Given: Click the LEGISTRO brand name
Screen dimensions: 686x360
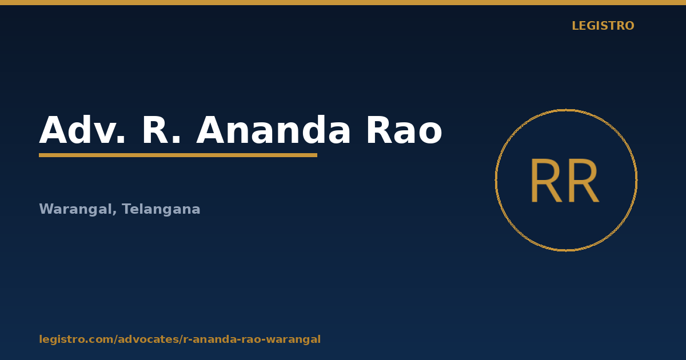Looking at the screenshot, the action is click(x=603, y=26).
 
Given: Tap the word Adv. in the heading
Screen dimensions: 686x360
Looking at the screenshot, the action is click(x=82, y=130).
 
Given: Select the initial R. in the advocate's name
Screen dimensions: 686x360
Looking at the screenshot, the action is click(x=161, y=130).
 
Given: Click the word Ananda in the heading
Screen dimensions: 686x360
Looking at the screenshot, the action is click(x=273, y=130).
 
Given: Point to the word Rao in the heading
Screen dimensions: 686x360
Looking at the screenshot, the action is click(x=404, y=130).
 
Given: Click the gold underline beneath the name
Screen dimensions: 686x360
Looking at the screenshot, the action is click(x=178, y=155).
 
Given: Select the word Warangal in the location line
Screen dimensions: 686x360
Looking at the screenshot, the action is click(x=76, y=209).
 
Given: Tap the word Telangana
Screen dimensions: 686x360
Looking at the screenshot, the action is click(x=161, y=209).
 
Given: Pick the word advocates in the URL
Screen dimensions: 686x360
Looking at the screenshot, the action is click(x=148, y=339).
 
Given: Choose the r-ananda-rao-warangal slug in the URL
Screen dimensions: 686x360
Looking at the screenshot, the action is click(x=252, y=339).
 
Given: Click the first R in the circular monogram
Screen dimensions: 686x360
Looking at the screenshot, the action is click(x=547, y=181).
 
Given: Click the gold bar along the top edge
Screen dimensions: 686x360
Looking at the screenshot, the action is click(x=343, y=2).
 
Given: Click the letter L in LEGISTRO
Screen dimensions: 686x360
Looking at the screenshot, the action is click(x=576, y=26).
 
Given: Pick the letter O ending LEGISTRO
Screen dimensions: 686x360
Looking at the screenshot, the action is click(x=629, y=26).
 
